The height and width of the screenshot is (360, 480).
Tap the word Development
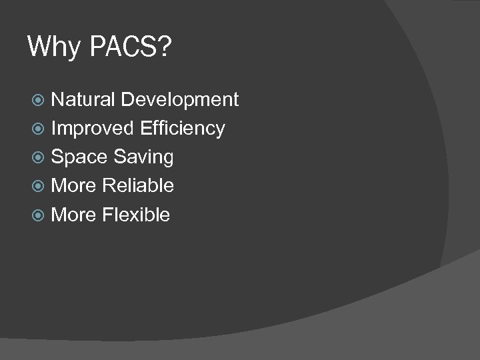pos(180,100)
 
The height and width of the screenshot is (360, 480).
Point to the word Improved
pos(92,128)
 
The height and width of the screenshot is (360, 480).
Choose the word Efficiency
pos(183,129)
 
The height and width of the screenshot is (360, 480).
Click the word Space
pos(79,157)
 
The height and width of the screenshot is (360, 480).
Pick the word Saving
pos(143,157)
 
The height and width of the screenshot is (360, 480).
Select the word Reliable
pos(139,185)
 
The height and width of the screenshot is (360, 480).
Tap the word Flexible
pos(136,215)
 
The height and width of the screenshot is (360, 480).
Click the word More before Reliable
pos(73,185)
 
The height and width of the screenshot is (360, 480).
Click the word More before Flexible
pos(73,215)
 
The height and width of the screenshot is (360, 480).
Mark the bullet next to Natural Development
pos(39,100)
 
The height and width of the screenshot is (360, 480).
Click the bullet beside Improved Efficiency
pos(39,129)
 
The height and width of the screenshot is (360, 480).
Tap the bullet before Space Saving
pos(39,157)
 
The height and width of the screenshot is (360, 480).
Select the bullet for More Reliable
pos(39,186)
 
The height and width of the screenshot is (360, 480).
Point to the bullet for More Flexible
pos(39,215)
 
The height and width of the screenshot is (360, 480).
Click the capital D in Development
pos(128,99)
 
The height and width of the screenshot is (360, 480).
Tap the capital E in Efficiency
pos(145,128)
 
